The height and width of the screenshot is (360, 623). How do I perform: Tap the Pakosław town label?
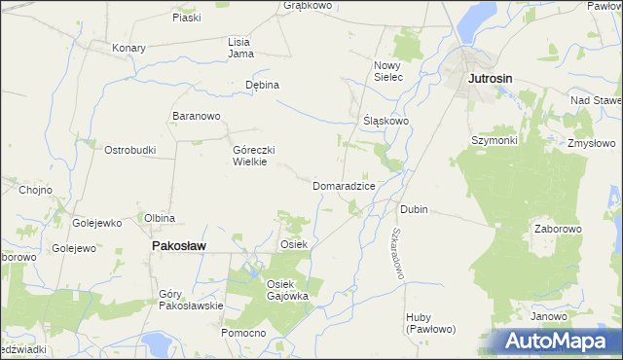tap(178, 247)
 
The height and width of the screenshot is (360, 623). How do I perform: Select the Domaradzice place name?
tap(344, 185)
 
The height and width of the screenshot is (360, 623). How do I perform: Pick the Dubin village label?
tap(414, 209)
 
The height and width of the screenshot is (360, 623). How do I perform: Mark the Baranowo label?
tap(197, 117)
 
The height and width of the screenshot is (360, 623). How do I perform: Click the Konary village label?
tap(128, 48)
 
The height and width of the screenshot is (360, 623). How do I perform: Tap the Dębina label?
tap(262, 85)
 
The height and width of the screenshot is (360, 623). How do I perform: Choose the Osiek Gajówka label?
tap(287, 289)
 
